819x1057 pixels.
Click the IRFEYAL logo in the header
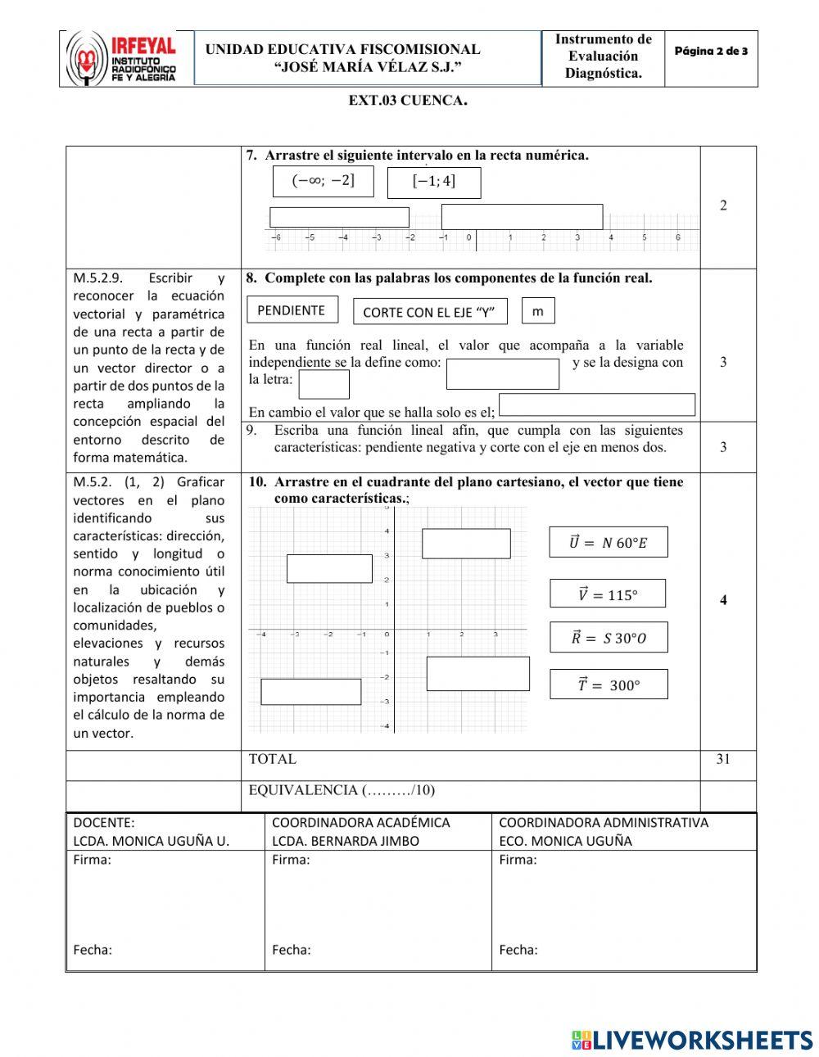pos(121,59)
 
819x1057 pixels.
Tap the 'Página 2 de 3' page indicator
pos(710,52)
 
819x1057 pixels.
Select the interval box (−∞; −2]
pos(323,182)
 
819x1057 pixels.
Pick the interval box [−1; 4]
pos(433,183)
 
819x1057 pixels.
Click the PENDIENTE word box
pos(292,310)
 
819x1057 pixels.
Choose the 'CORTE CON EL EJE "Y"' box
pos(429,311)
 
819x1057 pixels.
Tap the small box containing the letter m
pos(537,311)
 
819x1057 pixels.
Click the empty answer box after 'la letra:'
pos(324,384)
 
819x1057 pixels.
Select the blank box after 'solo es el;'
pos(596,404)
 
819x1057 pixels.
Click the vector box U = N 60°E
pos(608,542)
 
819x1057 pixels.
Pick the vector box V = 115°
pos(607,594)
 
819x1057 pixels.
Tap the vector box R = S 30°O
pos(608,638)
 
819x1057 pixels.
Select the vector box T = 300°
pos(608,684)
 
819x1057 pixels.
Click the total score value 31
pos(722,759)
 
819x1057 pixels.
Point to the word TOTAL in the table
pos(272,759)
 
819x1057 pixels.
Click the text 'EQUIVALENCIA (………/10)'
pos(342,790)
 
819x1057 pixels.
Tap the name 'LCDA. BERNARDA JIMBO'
pos(345,841)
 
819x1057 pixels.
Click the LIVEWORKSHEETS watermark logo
pos(691,1040)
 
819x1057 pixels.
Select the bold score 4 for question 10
pos(722,600)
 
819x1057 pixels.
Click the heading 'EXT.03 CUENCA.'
pos(408,101)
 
